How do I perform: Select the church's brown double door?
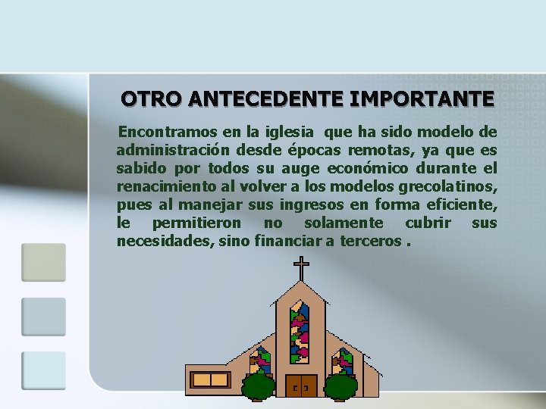click(301, 386)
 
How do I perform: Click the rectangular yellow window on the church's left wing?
click(210, 379)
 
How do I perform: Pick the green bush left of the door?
click(259, 386)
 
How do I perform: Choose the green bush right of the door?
click(341, 386)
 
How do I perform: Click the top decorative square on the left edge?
click(43, 262)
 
